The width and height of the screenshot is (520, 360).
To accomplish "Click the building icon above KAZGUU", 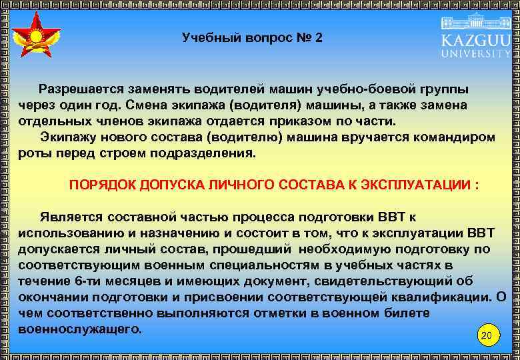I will [x=475, y=20].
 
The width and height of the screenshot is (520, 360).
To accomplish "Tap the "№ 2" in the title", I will [x=309, y=38].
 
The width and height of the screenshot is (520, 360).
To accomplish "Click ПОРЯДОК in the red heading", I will [x=101, y=185].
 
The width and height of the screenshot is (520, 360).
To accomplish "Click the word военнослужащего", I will [x=80, y=329].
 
